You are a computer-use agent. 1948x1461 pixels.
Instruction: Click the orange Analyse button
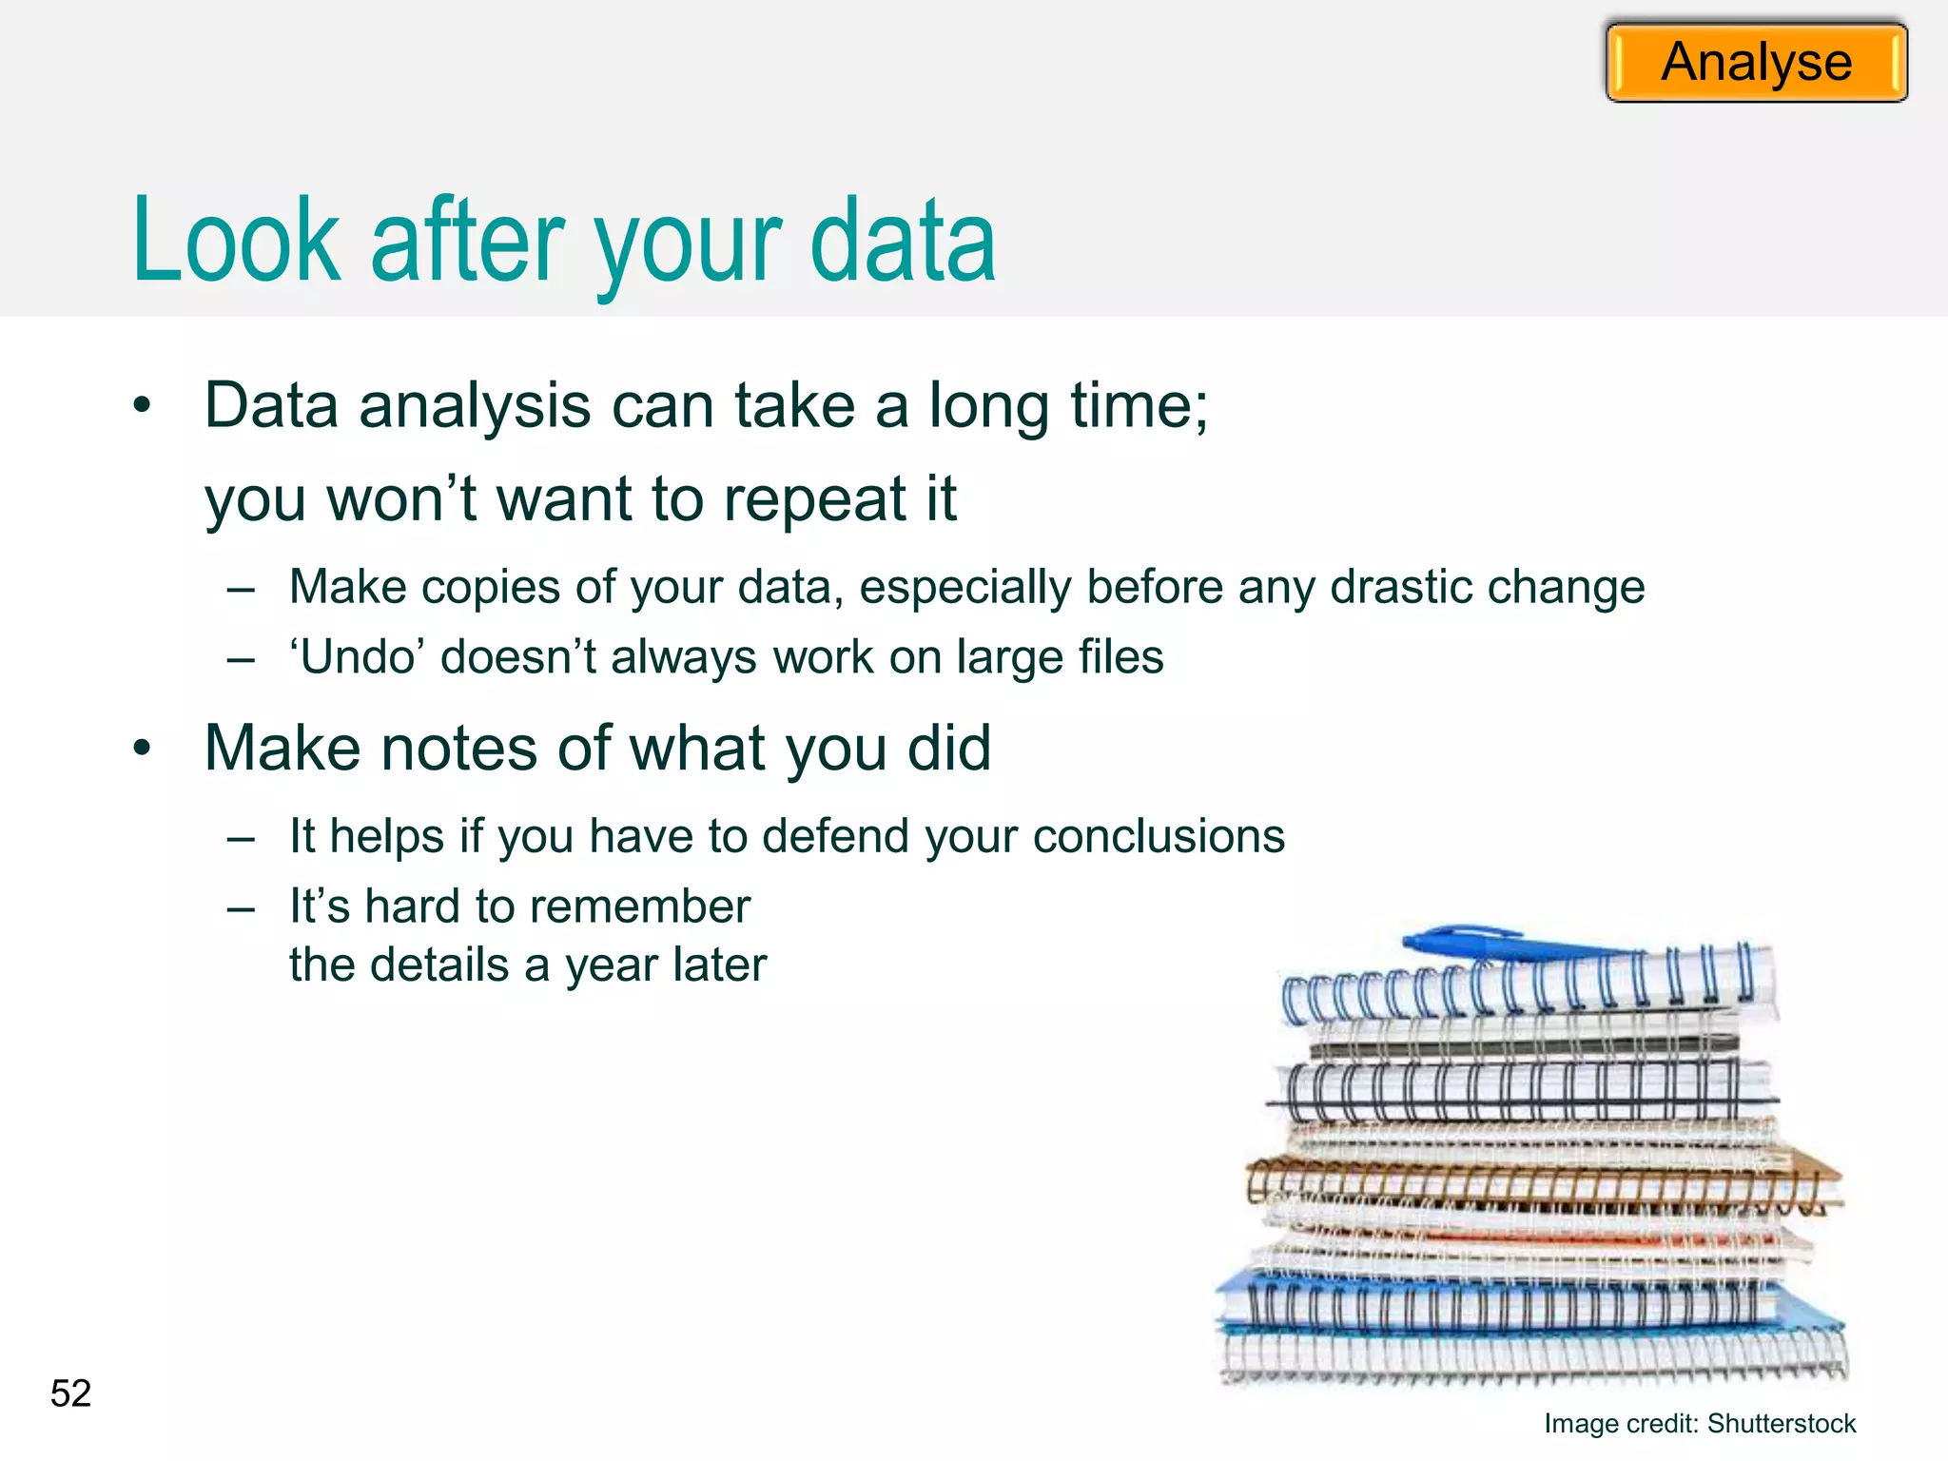tap(1756, 63)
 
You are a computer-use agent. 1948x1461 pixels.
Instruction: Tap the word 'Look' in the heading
tap(236, 242)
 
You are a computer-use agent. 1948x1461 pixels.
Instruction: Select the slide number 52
tap(70, 1393)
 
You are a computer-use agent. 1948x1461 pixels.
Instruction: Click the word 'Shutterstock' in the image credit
tap(1781, 1424)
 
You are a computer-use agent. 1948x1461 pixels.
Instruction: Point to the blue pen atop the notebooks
tap(1503, 943)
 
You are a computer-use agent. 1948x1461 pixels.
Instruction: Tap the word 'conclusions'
tap(1159, 836)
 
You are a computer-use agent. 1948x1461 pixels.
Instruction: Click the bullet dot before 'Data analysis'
tap(142, 406)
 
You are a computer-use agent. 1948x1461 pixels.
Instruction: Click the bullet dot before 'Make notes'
tap(142, 749)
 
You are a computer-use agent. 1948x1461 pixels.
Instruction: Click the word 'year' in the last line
tap(611, 965)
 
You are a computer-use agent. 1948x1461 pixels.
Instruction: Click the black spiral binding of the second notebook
tap(1512, 1091)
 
